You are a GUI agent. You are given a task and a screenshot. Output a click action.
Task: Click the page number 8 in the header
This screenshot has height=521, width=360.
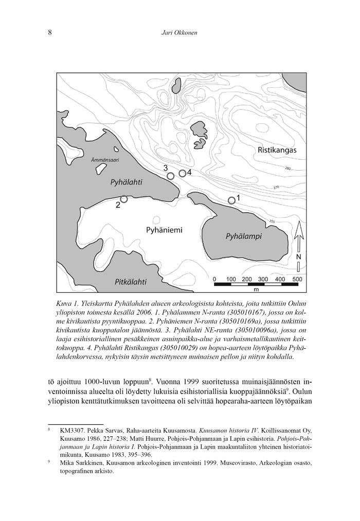click(x=50, y=33)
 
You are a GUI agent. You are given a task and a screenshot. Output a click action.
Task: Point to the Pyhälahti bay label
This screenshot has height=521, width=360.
click(x=127, y=182)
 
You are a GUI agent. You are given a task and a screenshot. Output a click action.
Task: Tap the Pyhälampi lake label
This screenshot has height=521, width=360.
click(x=244, y=236)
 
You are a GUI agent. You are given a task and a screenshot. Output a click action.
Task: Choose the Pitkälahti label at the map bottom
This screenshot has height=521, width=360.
click(x=131, y=282)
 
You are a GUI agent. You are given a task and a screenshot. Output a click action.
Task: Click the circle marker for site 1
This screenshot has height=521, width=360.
click(x=231, y=200)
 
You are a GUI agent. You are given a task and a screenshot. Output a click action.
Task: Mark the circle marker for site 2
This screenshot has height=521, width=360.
click(x=124, y=199)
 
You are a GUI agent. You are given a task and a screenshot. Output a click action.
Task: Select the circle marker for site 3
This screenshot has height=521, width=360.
click(x=171, y=176)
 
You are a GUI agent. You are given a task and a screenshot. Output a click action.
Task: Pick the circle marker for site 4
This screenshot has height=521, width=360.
click(x=182, y=173)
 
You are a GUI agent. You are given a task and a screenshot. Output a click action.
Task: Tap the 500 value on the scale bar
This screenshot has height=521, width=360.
click(x=297, y=279)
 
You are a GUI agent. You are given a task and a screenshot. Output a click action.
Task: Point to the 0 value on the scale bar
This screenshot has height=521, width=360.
click(x=214, y=279)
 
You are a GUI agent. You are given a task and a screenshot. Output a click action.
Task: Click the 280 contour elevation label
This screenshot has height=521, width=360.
click(x=287, y=169)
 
